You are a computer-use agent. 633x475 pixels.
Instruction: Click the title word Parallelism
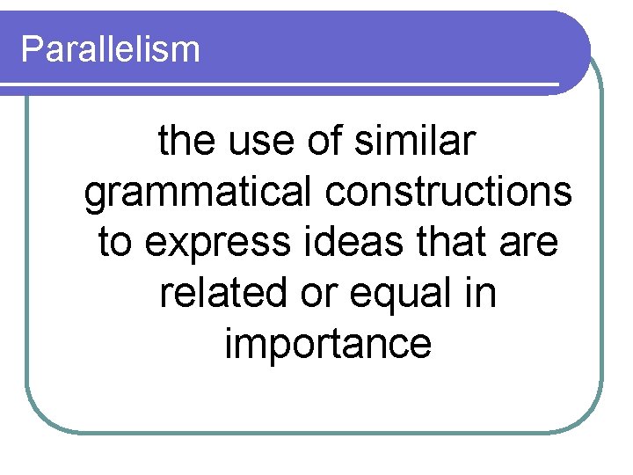click(x=111, y=49)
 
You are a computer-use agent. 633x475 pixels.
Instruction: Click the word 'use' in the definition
click(x=248, y=142)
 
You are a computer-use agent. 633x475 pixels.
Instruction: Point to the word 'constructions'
click(x=449, y=193)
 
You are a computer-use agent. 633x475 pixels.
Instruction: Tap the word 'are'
click(x=529, y=243)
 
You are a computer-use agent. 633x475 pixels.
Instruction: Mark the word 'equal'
click(x=399, y=293)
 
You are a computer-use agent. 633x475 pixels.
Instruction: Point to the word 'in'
click(x=481, y=293)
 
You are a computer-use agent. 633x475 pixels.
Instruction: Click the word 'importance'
click(x=328, y=344)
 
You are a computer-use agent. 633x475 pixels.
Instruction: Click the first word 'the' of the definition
click(x=185, y=142)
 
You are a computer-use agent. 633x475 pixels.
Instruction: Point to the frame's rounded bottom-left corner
click(x=40, y=419)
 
